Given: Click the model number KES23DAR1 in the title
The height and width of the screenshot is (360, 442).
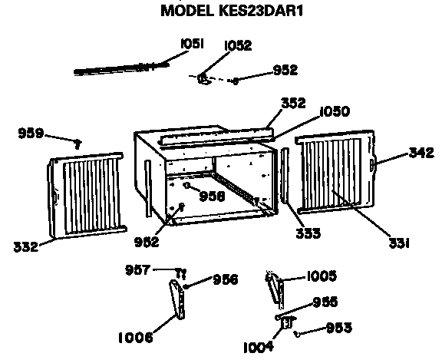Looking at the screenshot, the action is (260, 11).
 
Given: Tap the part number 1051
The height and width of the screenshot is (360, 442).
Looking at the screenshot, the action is (192, 44).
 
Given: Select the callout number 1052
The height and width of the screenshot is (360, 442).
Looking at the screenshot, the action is (238, 45).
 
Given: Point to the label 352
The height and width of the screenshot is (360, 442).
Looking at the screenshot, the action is (293, 103).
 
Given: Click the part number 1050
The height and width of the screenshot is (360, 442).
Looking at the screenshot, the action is (335, 111).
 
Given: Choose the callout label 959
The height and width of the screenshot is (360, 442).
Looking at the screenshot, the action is (31, 133).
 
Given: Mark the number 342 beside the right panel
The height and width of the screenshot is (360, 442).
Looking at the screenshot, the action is (421, 153).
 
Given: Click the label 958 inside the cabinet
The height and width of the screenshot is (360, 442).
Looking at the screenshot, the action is (213, 197).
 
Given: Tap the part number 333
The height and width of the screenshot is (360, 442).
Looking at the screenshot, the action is (308, 233).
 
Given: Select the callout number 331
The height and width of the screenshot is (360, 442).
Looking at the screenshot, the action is (399, 243).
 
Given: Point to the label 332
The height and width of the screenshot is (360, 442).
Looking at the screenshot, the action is (25, 246).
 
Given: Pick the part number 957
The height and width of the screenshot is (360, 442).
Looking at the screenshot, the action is (138, 270).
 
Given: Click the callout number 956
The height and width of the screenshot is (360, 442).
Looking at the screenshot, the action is (226, 279).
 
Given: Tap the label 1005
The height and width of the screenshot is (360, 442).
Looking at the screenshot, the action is (322, 276).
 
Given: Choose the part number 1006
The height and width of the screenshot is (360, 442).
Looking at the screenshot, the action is (136, 338).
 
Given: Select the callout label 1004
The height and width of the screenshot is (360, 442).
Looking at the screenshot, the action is (259, 347).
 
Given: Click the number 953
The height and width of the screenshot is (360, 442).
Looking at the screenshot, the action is (339, 328).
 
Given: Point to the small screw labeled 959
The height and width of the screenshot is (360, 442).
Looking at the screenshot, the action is (78, 144).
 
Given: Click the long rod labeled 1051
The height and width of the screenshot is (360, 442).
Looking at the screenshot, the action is (121, 69).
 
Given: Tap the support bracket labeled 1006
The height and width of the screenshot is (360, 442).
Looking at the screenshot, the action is (177, 299).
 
